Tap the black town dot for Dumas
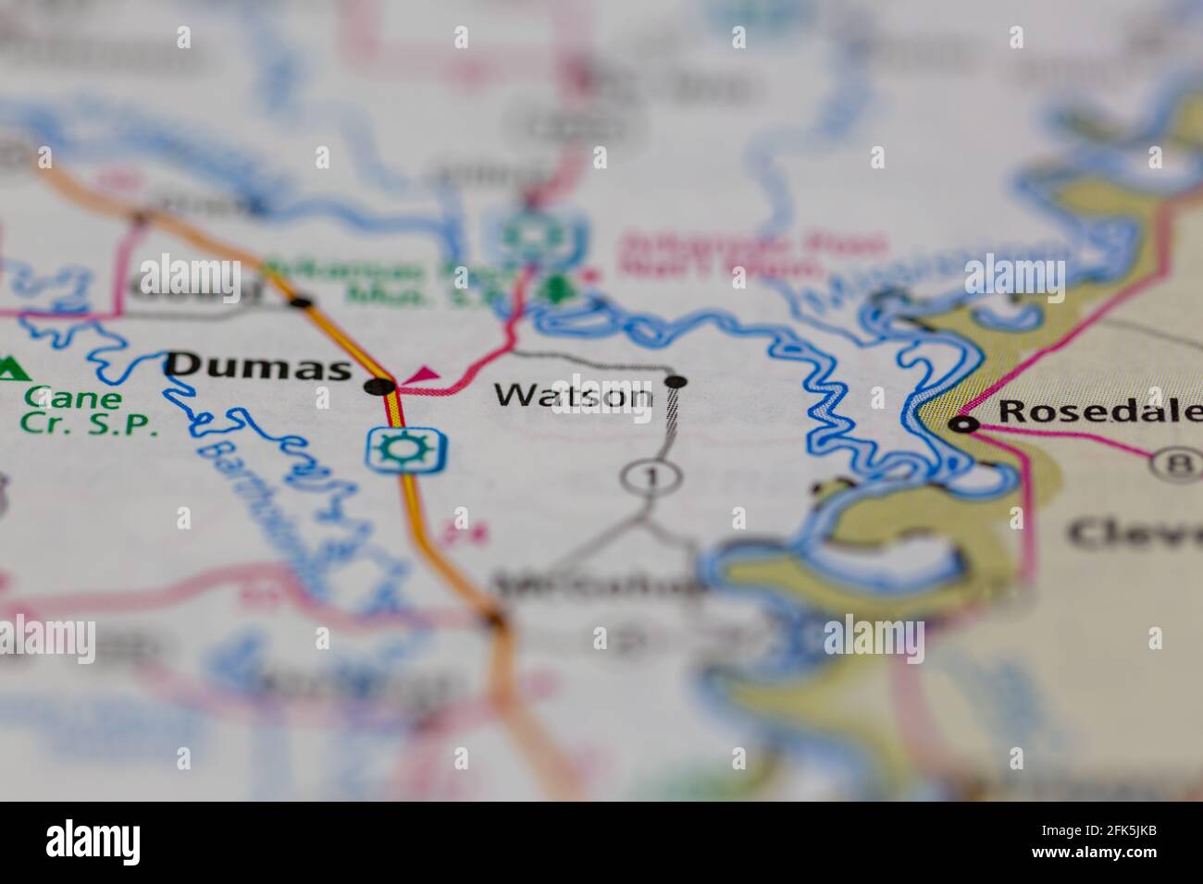coord(380,386)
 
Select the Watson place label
coord(573,397)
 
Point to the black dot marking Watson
coord(676,381)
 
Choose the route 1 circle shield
coord(651,477)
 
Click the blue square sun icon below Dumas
coord(406,448)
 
